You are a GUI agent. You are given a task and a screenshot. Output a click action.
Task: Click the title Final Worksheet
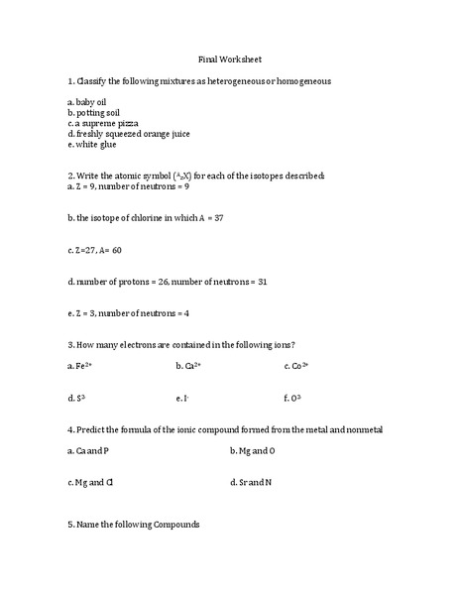point(229,59)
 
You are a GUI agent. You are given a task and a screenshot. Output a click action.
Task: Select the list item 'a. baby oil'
point(91,102)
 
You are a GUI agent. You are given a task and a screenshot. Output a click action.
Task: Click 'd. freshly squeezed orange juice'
point(128,134)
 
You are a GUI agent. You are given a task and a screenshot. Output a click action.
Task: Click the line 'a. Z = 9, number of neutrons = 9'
point(128,185)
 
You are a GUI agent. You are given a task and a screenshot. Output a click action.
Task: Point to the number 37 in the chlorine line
point(219,217)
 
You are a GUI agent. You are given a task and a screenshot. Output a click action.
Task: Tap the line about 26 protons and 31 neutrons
point(168,283)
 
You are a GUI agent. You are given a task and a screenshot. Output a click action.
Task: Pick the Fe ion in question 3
point(80,367)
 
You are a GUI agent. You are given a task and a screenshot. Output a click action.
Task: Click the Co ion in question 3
point(296,367)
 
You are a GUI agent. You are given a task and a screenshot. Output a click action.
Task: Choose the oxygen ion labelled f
point(292,399)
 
